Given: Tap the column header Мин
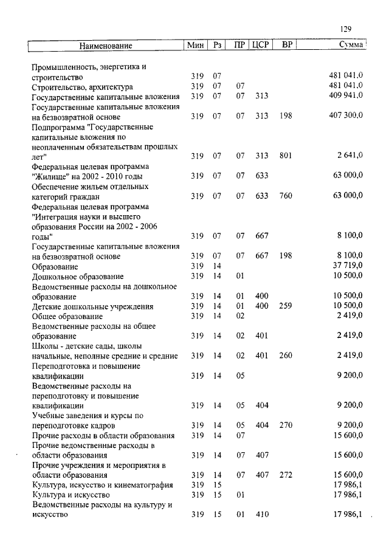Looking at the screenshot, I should [195, 46].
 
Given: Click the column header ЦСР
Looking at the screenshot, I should [260, 46].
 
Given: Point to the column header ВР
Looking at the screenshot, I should [286, 46].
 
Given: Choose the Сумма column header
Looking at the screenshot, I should [351, 46].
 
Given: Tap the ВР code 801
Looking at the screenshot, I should [286, 156].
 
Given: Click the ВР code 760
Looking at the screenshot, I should [286, 196].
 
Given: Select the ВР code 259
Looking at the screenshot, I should [286, 306].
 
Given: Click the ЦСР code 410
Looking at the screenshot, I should [261, 515].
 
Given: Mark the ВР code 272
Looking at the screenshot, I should [286, 475].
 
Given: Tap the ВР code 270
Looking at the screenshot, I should [286, 425].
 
